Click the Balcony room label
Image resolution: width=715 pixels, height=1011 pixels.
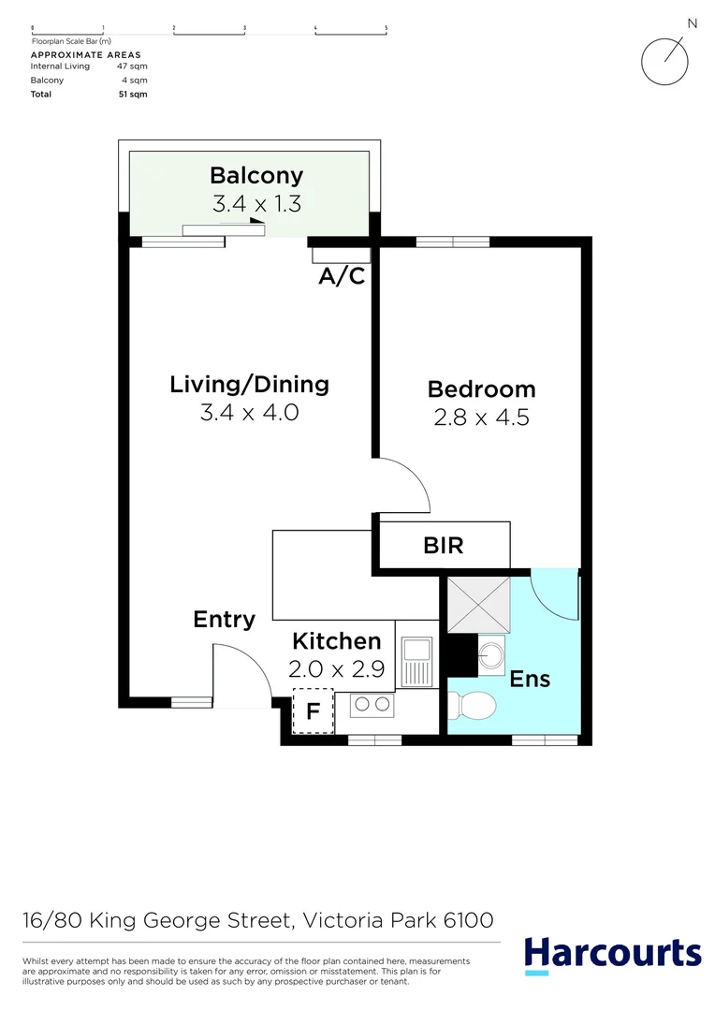[x=256, y=175]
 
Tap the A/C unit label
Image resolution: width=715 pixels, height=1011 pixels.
[x=342, y=276]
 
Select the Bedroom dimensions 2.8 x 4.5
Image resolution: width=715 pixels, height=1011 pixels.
[x=481, y=417]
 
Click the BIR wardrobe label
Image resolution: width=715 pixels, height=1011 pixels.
[x=443, y=545]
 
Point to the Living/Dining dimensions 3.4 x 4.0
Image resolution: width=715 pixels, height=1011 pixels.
[x=249, y=412]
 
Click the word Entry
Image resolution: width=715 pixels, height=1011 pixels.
[x=224, y=619]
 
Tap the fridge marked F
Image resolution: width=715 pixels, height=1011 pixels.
[x=313, y=711]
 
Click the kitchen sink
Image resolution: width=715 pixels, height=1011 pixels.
[x=416, y=652]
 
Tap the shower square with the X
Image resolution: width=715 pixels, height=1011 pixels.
[x=478, y=605]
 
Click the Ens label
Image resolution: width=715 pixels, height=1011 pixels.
[x=530, y=679]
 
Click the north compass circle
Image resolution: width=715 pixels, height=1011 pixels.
[x=664, y=61]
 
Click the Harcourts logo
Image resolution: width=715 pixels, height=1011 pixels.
[x=612, y=955]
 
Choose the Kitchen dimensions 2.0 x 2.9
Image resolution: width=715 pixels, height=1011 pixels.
[x=336, y=670]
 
